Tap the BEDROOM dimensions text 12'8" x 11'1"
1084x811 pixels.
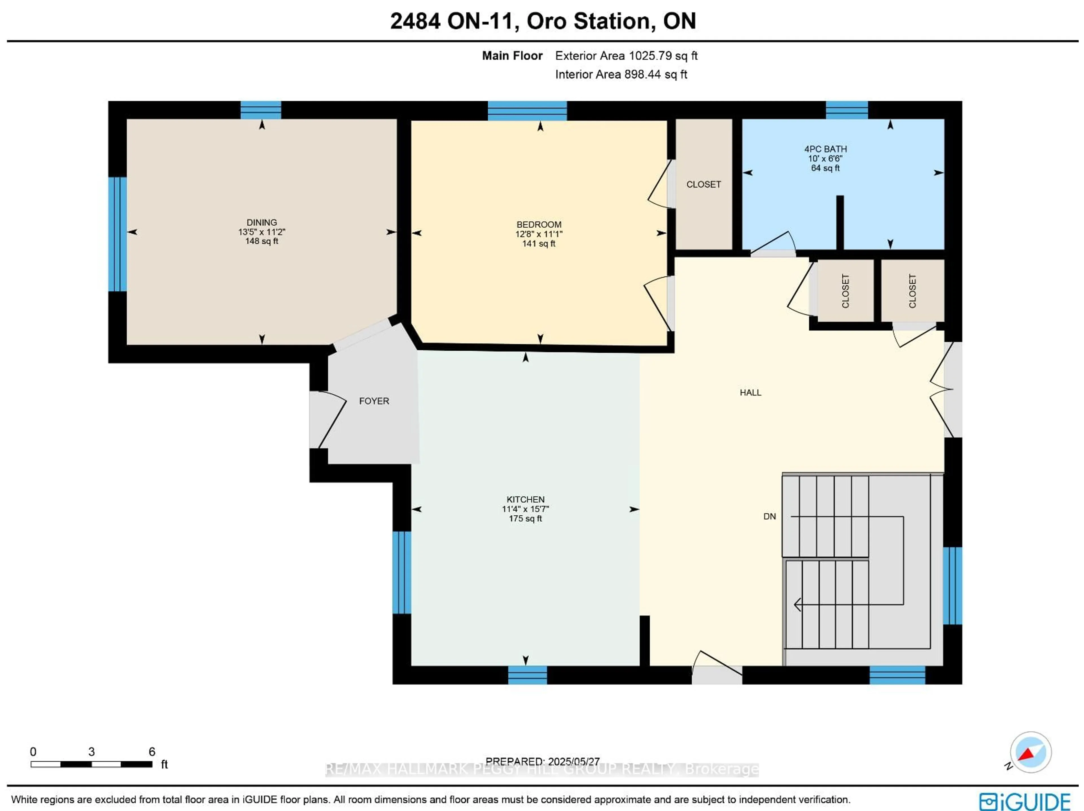point(539,234)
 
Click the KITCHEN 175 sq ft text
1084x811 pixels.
point(525,519)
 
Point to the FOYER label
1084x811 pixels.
point(374,401)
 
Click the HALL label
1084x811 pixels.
point(750,392)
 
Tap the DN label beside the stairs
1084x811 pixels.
point(769,516)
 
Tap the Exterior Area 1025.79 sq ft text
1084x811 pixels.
point(626,56)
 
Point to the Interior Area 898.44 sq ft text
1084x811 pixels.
point(621,74)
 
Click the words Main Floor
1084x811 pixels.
point(512,56)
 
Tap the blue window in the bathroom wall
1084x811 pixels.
point(847,110)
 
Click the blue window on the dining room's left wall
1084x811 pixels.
point(118,234)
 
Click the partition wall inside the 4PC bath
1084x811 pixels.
point(840,223)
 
